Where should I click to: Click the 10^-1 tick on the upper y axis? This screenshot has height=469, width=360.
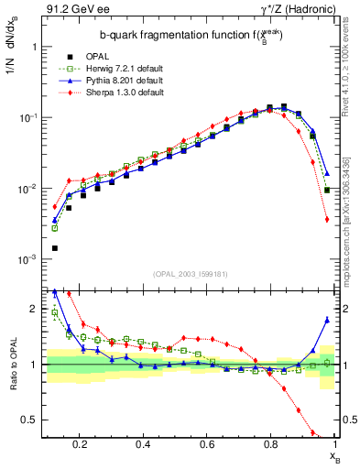coord(27,117)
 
